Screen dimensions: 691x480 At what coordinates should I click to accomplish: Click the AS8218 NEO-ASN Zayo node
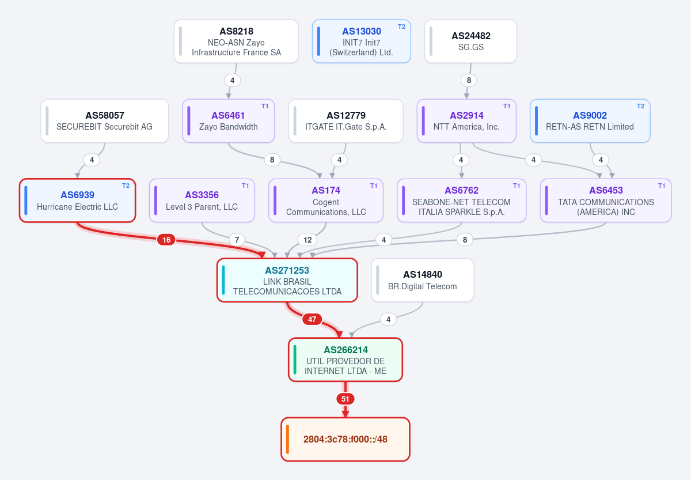tap(236, 41)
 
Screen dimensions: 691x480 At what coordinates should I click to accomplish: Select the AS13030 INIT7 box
tap(361, 41)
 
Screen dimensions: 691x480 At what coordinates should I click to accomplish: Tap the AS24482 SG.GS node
tap(470, 41)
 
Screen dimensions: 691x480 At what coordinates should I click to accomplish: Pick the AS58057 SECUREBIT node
tap(105, 120)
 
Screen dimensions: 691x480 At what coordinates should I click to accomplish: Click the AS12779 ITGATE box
tap(346, 120)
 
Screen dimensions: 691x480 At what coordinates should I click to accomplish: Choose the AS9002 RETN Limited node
tap(590, 120)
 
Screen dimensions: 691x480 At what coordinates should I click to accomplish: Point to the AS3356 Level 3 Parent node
tap(202, 201)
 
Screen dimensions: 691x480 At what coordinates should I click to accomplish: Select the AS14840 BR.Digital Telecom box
tap(422, 280)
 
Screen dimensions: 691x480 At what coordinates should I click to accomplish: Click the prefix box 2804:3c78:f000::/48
tap(345, 439)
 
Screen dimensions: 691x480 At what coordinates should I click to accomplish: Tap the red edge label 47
tap(312, 319)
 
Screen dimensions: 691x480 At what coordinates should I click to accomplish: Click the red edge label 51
tap(345, 399)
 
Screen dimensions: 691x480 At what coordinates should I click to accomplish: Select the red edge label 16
tap(166, 240)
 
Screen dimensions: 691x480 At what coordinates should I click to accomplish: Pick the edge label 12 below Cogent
tap(307, 240)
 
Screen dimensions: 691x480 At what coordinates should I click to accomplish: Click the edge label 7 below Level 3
tap(237, 240)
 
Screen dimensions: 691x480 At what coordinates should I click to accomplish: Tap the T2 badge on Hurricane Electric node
tap(126, 186)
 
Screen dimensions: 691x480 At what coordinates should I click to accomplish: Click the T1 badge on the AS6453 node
tap(662, 186)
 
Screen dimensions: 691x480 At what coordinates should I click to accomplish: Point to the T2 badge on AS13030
tap(401, 27)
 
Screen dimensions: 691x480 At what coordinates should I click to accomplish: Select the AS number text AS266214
tap(345, 350)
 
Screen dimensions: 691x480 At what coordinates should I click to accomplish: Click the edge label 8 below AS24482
tap(469, 80)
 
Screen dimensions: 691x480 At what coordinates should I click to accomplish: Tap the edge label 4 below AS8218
tap(232, 80)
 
